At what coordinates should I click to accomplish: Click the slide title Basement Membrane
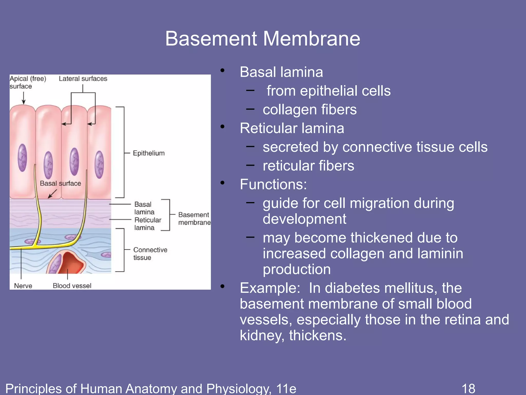pyautogui.click(x=262, y=39)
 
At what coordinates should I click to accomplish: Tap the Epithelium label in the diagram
pyautogui.click(x=148, y=153)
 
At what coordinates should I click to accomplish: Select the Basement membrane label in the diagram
pyautogui.click(x=194, y=219)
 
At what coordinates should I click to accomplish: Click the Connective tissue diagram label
pyautogui.click(x=150, y=254)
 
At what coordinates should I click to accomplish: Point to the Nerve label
pyautogui.click(x=23, y=286)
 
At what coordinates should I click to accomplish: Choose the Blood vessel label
pyautogui.click(x=72, y=286)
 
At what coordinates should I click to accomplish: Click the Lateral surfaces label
pyautogui.click(x=83, y=79)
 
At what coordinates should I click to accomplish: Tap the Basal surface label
pyautogui.click(x=60, y=183)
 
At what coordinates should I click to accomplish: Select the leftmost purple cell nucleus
pyautogui.click(x=22, y=158)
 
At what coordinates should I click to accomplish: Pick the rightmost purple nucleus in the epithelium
pyautogui.click(x=99, y=165)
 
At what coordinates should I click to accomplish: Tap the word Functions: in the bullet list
pyautogui.click(x=273, y=184)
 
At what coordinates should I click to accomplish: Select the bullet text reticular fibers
pyautogui.click(x=308, y=166)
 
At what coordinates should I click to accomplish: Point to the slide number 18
pyautogui.click(x=468, y=388)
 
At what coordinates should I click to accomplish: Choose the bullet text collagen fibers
pyautogui.click(x=309, y=110)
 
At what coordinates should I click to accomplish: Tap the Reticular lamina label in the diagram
pyautogui.click(x=147, y=224)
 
